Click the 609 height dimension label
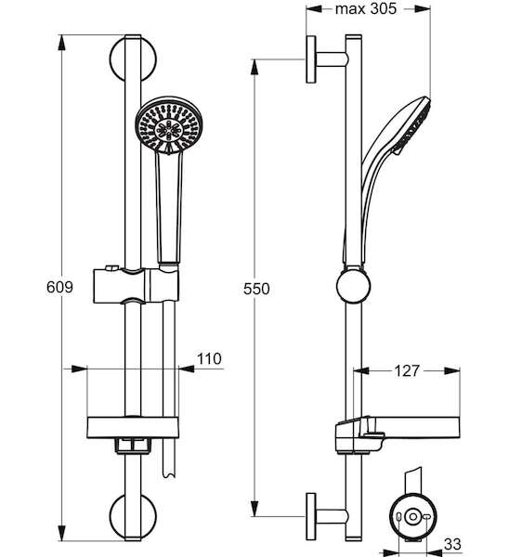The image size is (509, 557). coord(59,287)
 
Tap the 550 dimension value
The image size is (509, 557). coord(256,289)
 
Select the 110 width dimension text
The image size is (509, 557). coord(209,358)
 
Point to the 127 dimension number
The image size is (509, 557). coord(407,370)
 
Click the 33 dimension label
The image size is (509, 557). coord(452,544)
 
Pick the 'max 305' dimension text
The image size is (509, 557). coord(366,8)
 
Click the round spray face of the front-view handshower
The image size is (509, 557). coord(168,125)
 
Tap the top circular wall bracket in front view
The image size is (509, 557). coord(133,58)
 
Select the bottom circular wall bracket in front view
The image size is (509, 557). coord(133,517)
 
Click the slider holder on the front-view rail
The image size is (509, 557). coord(136,286)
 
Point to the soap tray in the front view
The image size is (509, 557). coord(133,428)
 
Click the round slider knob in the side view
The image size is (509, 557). coord(353,286)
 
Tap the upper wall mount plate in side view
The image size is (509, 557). coord(311,59)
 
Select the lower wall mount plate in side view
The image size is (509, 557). coord(311,517)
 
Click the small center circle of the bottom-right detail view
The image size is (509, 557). coord(412,516)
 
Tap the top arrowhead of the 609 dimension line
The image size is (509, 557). coord(62,43)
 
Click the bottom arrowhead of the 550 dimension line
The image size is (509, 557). coord(254,509)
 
